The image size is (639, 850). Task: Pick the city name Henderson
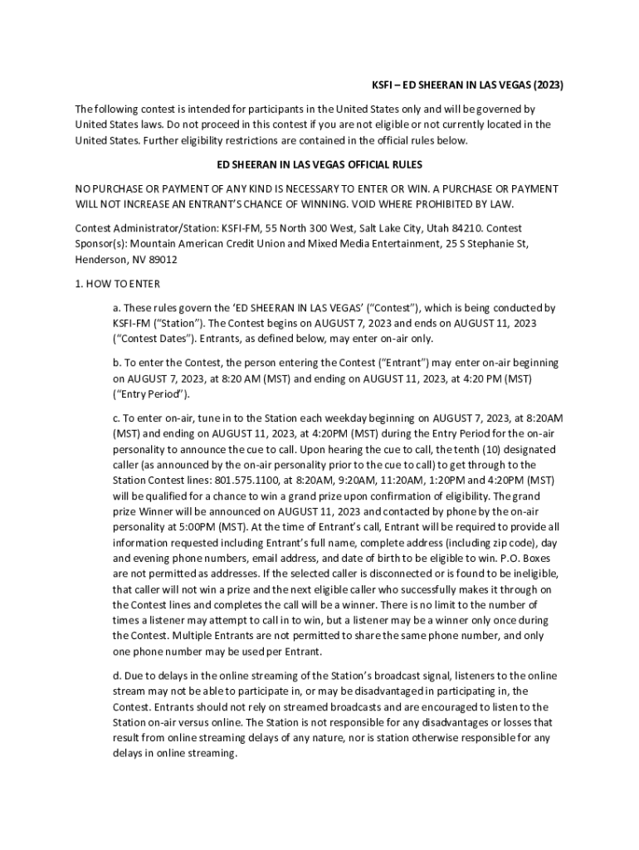101,259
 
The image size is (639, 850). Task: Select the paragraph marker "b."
118,363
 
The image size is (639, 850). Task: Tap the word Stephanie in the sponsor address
469,243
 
